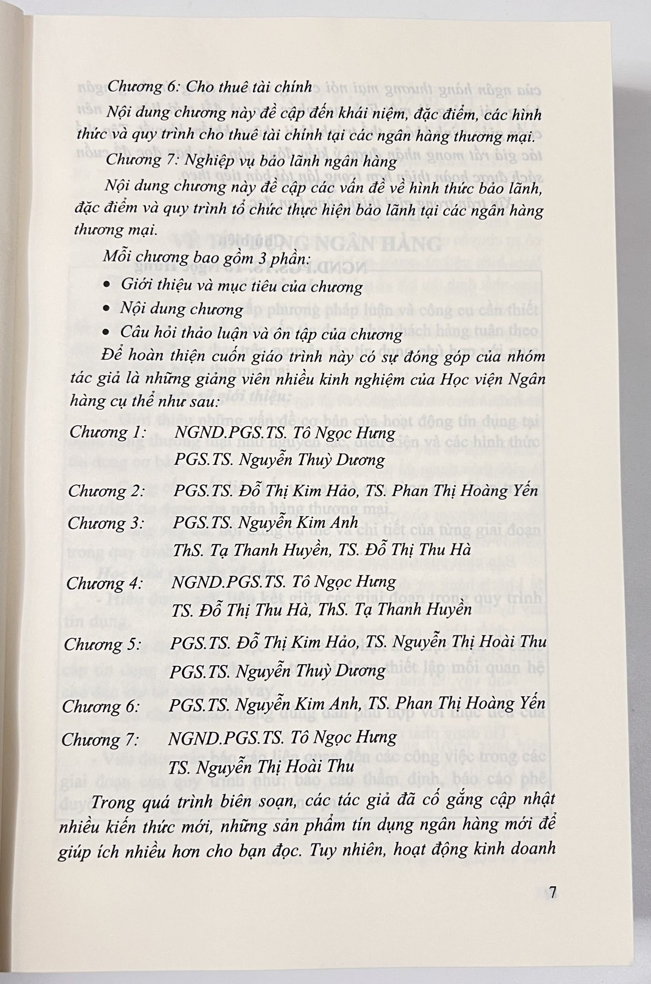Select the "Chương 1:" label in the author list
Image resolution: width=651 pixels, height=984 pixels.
point(107,432)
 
